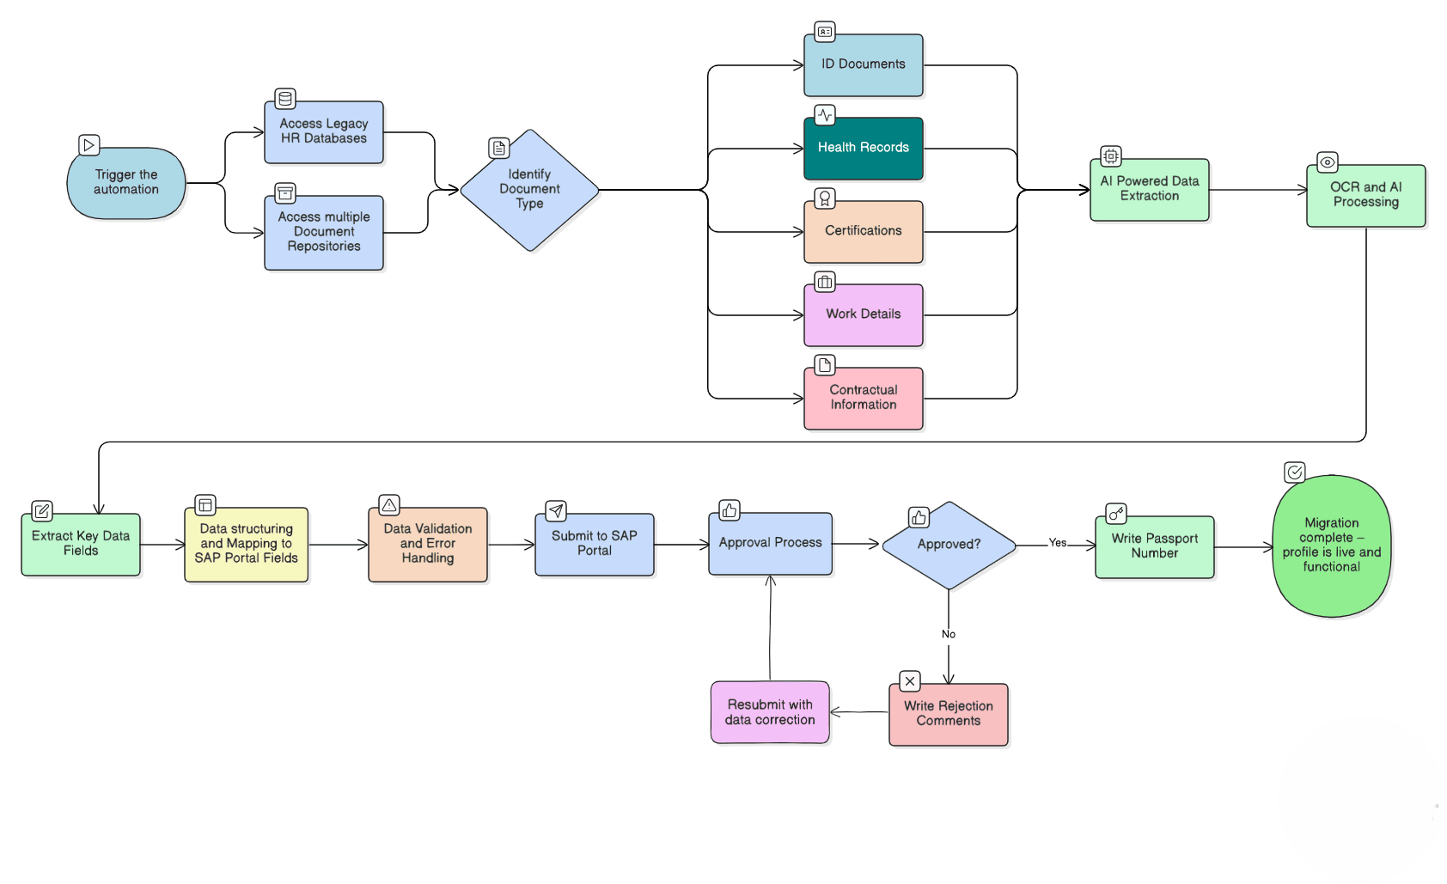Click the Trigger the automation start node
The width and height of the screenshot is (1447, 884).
[x=126, y=183]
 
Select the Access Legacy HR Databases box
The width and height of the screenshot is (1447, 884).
[x=324, y=132]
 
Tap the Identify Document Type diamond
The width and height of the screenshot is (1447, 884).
[x=529, y=190]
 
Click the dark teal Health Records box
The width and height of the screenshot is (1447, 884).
[x=863, y=149]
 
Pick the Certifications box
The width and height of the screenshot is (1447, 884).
[x=863, y=232]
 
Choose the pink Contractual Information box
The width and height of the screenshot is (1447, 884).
[x=863, y=399]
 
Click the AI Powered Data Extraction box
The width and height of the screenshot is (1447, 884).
[x=1149, y=190]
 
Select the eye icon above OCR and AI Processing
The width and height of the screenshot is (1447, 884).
[x=1327, y=162]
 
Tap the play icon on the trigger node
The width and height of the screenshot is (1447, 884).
[x=89, y=145]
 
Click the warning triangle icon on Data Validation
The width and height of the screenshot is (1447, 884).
[x=389, y=505]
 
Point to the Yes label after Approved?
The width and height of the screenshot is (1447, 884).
[x=1057, y=543]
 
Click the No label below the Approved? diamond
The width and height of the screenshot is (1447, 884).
[x=948, y=634]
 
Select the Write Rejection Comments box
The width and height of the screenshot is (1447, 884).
[x=948, y=715]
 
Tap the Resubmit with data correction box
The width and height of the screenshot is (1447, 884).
[x=770, y=713]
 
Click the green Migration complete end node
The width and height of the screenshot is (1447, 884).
[x=1331, y=546]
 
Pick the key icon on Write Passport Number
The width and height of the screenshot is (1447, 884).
[x=1115, y=514]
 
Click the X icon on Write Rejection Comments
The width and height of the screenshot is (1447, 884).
[x=909, y=681]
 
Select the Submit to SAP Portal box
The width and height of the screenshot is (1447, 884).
[x=594, y=545]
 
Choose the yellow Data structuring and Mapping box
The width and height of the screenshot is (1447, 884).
[x=246, y=545]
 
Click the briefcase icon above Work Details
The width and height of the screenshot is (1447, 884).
[x=824, y=282]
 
